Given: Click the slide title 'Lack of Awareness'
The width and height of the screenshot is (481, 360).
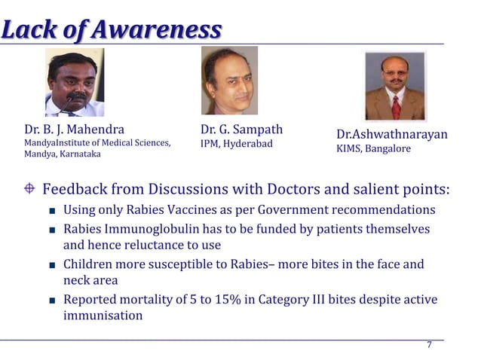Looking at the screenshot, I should click(112, 29).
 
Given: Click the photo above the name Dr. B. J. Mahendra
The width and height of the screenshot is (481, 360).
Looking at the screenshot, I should click(75, 83).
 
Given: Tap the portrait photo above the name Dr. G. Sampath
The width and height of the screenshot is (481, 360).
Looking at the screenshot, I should click(229, 80).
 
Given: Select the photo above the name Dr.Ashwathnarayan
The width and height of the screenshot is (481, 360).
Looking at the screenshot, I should click(395, 86).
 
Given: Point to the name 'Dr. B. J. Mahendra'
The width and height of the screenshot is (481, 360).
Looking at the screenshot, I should click(75, 129).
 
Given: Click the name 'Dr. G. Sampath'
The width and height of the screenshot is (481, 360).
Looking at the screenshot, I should click(241, 129).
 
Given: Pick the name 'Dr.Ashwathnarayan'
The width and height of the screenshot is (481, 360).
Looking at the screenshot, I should click(391, 134).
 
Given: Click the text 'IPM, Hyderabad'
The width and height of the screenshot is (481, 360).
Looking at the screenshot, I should click(236, 143).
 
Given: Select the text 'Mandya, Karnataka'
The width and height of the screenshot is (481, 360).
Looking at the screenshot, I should click(63, 154).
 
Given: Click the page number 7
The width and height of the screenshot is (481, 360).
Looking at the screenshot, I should click(429, 345).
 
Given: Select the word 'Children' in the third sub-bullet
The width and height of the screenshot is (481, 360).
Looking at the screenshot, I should click(89, 264).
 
